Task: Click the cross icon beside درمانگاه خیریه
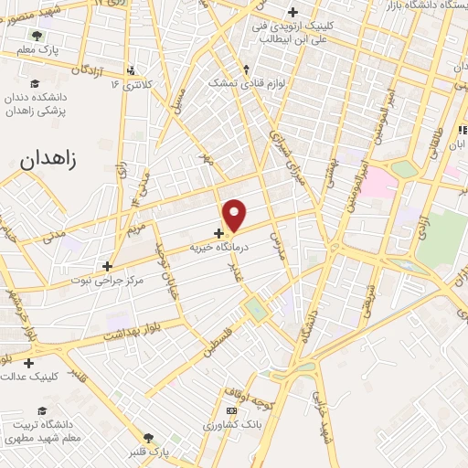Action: pos(218,233)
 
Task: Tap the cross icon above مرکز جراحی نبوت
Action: pos(109,266)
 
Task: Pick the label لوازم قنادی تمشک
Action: pos(246,83)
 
